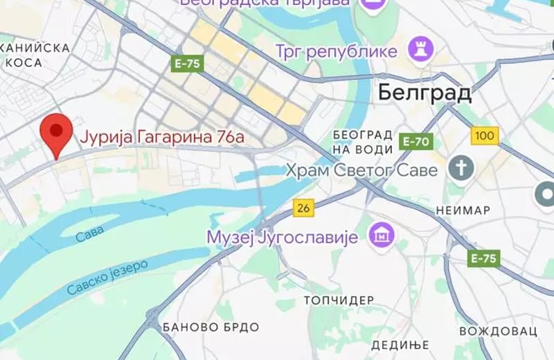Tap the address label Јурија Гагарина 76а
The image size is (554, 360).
[163, 138]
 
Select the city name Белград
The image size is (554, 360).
[425, 92]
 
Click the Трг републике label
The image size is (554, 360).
[337, 51]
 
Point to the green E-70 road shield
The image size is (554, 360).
[415, 143]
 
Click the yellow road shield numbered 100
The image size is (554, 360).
[485, 135]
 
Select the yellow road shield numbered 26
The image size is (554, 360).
[303, 206]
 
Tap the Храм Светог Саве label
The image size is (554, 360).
[362, 170]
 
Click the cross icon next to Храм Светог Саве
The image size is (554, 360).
[460, 167]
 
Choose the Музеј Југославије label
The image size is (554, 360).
[282, 237]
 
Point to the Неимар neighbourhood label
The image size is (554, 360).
[463, 210]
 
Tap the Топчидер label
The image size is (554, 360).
[339, 300]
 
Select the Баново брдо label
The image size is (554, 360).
[211, 327]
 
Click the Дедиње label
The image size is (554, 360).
[400, 345]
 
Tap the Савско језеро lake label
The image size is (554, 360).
[108, 278]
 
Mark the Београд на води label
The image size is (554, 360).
[363, 140]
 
